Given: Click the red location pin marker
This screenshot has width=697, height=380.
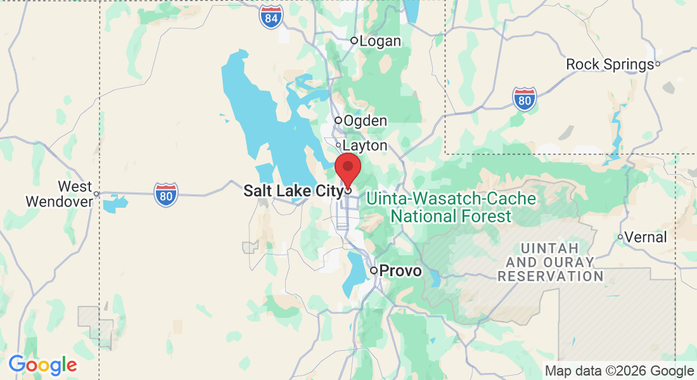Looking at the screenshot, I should coord(347,169).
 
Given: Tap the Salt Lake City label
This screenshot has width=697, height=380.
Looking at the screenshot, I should coord(293,191).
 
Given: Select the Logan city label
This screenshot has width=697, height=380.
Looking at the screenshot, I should coord(380,41).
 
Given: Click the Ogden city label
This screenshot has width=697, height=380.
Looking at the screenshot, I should coord(365,120).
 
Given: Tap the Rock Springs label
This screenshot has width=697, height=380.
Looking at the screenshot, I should coord(610,64).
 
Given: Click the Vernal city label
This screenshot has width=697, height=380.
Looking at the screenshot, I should coord(646,237).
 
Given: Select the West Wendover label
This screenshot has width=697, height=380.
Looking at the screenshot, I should coord(58,194).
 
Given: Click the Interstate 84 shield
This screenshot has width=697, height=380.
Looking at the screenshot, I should coord(271,18).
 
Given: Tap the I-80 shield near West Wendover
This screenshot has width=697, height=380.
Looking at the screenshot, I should coord(166,194).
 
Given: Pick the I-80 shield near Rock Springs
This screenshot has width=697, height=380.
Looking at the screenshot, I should coord(525,99).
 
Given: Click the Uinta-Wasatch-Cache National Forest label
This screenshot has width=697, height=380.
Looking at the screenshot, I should coord(451,208).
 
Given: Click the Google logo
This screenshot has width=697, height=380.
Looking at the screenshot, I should coord(42,365).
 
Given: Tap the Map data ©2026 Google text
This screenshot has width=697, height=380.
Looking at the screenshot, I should coord(620,371).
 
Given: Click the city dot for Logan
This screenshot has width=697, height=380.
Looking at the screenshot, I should coord(354,41).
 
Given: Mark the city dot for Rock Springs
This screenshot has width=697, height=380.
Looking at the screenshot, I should coord(658,63).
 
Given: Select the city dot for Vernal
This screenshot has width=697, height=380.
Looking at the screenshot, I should coord(620,237).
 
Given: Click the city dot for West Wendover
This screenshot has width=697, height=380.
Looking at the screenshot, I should coord(96,193).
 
